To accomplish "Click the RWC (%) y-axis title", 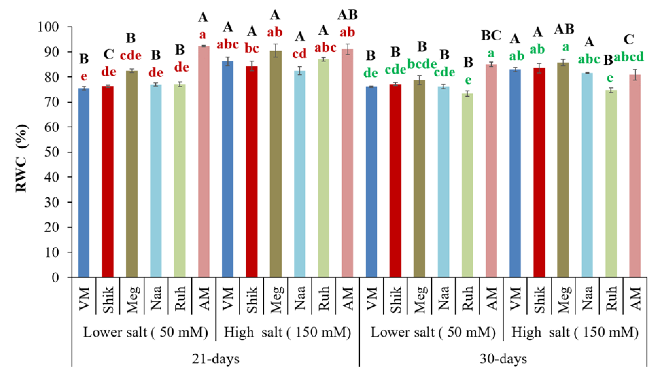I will point(21,158).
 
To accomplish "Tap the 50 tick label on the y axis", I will point(52,152).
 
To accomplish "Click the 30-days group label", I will point(503,359).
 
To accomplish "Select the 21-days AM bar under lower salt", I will point(204,161).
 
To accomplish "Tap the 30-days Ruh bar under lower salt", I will point(467,185).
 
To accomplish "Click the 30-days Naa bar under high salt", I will point(587,175).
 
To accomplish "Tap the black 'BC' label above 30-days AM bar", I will point(491,36).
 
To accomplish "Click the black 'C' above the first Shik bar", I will point(109,55).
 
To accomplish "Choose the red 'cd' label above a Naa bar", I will point(299,54).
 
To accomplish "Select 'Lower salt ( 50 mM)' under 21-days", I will point(145,332).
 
